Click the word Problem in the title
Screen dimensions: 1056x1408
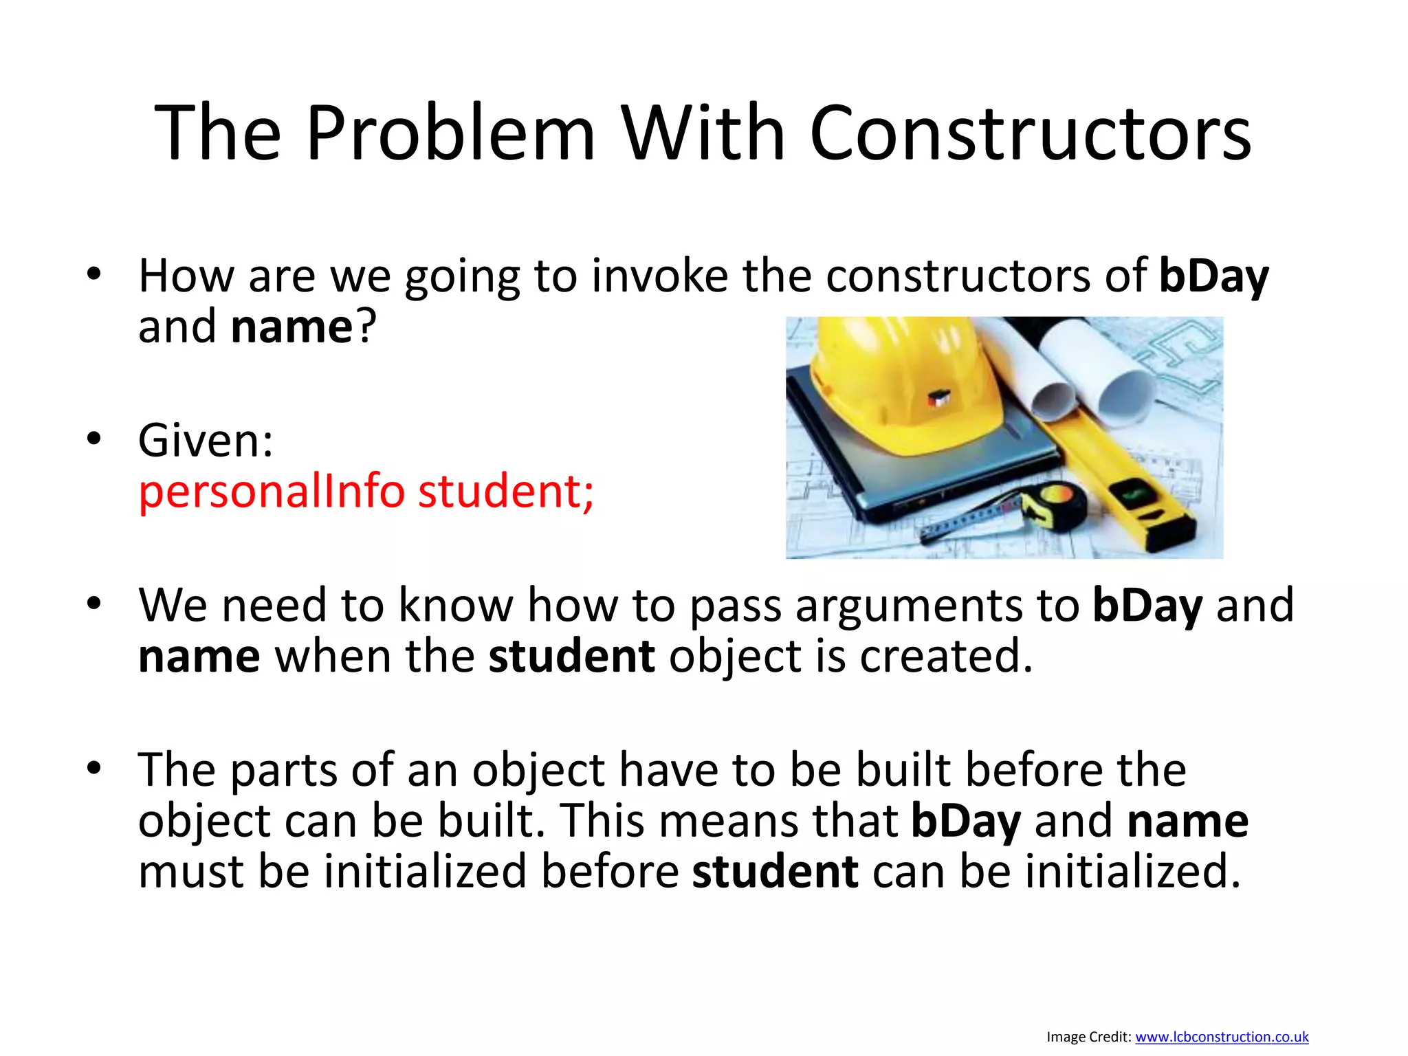click(x=450, y=133)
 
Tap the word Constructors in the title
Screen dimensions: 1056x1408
click(x=1030, y=133)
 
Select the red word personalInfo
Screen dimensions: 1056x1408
click(x=272, y=492)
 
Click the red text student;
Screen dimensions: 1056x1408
click(x=506, y=492)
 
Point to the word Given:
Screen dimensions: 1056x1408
click(x=206, y=441)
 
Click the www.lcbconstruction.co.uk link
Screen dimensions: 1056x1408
click(x=1222, y=1037)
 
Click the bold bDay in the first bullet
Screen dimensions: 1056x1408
click(x=1213, y=276)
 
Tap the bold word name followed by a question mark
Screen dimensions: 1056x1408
click(x=291, y=327)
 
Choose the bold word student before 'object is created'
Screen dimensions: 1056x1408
click(x=571, y=657)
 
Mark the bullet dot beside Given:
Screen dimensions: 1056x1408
click(x=94, y=438)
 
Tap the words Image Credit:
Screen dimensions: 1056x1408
click(x=1088, y=1037)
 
